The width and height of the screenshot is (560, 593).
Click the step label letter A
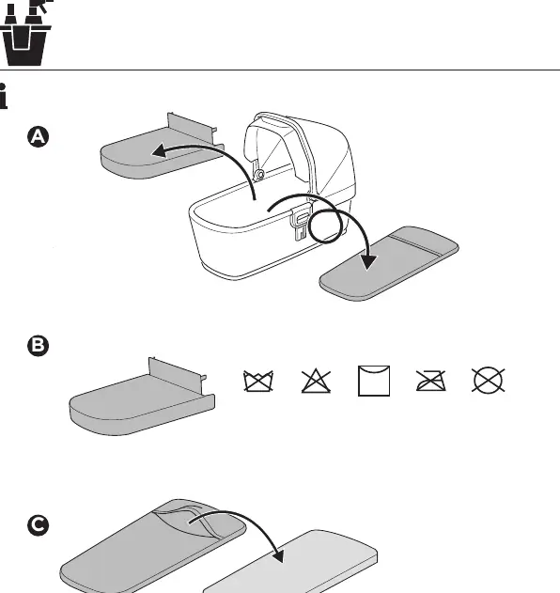coord(39,136)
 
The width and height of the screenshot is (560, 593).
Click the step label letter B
coord(39,346)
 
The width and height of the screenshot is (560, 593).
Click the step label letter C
coord(39,525)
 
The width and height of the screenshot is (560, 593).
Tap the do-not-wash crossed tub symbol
coord(258,381)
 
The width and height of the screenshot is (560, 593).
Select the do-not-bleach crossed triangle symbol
coord(316,381)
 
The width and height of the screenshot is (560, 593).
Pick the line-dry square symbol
coord(374,381)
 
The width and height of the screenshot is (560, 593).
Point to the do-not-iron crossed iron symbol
coord(430,381)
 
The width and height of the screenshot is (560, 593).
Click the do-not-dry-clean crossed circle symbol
coord(489,380)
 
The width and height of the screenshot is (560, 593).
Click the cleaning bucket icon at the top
coord(25,33)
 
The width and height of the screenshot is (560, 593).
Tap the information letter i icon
coord(4,97)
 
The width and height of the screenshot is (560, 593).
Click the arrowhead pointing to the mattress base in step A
coord(160,151)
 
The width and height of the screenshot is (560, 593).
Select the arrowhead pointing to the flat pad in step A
coord(367,262)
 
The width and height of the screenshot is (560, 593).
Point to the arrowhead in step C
coord(279,555)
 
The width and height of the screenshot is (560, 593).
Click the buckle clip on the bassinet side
coord(301,222)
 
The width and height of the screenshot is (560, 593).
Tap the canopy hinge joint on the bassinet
coord(259,175)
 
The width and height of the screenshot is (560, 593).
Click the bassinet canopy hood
coord(299,151)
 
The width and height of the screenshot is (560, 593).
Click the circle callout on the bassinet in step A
coord(325,226)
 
